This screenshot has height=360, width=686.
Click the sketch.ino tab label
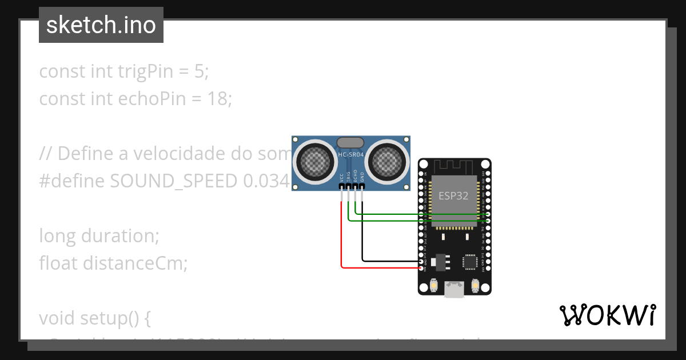click(101, 25)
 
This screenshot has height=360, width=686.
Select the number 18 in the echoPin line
click(218, 99)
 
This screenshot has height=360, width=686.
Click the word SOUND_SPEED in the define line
click(174, 181)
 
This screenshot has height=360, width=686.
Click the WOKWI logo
click(608, 315)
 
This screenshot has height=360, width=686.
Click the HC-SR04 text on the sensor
click(350, 155)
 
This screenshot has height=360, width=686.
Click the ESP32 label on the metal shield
click(453, 196)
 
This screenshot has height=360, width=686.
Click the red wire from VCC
click(342, 240)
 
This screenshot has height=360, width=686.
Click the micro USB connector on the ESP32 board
click(454, 290)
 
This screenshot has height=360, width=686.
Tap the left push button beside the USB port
click(434, 285)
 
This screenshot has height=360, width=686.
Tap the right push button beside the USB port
click(475, 285)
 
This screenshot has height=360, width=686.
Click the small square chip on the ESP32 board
click(470, 261)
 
